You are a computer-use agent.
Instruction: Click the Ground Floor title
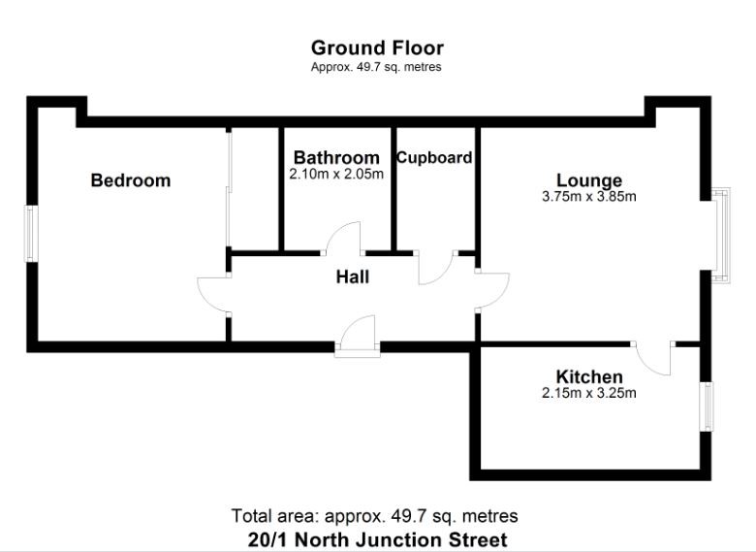pyautogui.click(x=377, y=48)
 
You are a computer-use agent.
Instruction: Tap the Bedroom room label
pyautogui.click(x=131, y=180)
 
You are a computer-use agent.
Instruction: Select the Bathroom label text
pyautogui.click(x=336, y=157)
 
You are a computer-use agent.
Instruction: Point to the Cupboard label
pyautogui.click(x=434, y=158)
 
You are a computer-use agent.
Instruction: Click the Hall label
pyautogui.click(x=353, y=276)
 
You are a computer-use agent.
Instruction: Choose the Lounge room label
pyautogui.click(x=589, y=180)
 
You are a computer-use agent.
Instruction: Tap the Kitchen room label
pyautogui.click(x=589, y=376)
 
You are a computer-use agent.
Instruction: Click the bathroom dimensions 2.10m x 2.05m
pyautogui.click(x=336, y=174)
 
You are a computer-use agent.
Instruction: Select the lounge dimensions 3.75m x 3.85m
pyautogui.click(x=589, y=196)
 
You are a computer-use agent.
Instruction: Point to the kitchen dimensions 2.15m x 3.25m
pyautogui.click(x=589, y=393)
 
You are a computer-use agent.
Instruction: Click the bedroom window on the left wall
pyautogui.click(x=32, y=234)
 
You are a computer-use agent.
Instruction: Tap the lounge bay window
pyautogui.click(x=720, y=235)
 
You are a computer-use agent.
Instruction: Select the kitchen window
pyautogui.click(x=707, y=406)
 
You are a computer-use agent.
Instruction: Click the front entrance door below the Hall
pyautogui.click(x=358, y=337)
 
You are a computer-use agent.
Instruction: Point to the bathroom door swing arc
pyautogui.click(x=343, y=239)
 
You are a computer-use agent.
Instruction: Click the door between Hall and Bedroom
pyautogui.click(x=213, y=294)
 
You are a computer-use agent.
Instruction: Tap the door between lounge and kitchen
pyautogui.click(x=653, y=359)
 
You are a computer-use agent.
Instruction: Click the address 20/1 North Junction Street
pyautogui.click(x=378, y=539)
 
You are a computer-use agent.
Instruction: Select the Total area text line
pyautogui.click(x=375, y=516)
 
